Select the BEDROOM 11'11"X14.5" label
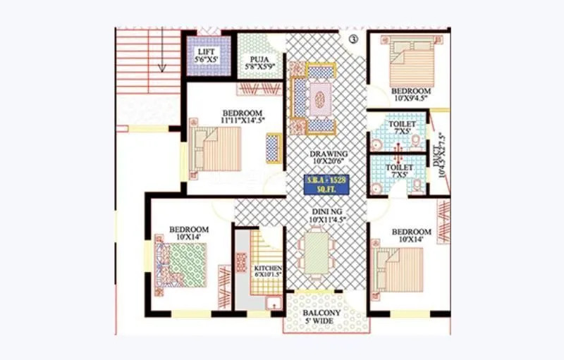point(242,117)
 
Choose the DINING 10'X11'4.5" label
point(329,213)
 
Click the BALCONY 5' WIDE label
point(321,317)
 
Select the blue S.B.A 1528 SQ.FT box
point(329,185)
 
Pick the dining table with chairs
point(317,254)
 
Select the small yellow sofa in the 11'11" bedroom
point(272,147)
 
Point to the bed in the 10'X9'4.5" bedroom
point(410,61)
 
